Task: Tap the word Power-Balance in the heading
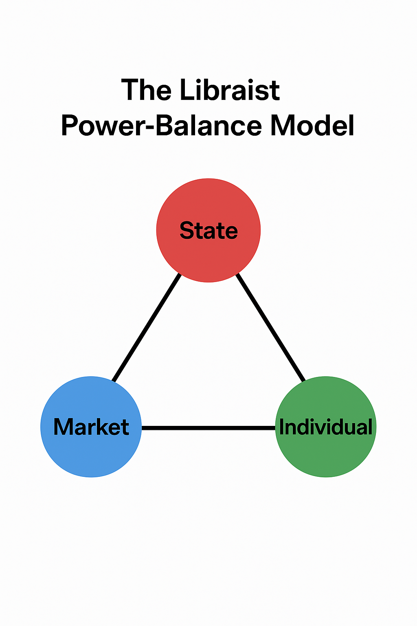pos(161,126)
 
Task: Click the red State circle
pos(208,253)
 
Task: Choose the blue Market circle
pos(91,452)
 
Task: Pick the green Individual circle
pos(326,452)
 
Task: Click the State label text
pos(208,231)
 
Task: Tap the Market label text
pos(91,427)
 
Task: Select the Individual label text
pos(326,427)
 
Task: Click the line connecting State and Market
pos(147,328)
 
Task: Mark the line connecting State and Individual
pos(271,328)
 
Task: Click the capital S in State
pos(187,231)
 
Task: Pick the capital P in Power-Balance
pos(70,126)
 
